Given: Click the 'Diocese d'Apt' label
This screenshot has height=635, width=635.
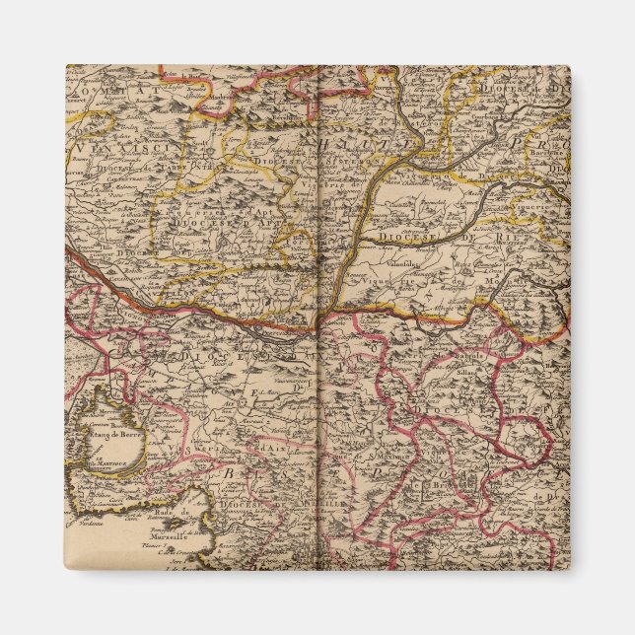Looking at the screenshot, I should [x=206, y=222].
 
